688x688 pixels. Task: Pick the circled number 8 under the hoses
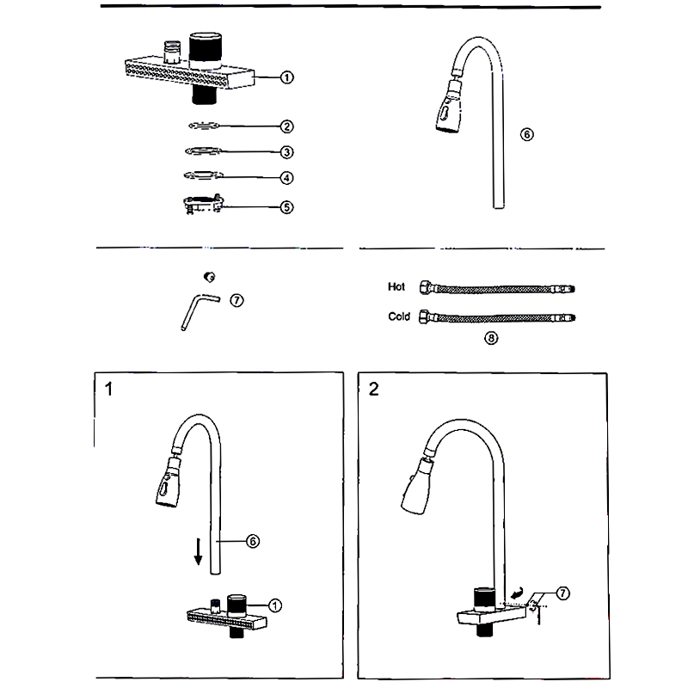491,338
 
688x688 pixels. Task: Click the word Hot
396,287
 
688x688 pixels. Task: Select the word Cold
399,316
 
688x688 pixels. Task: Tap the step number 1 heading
108,388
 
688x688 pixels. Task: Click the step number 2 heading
373,388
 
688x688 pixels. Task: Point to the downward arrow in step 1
198,550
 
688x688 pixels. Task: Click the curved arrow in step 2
516,593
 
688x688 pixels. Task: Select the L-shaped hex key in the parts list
197,309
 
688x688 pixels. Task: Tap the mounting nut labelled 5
204,205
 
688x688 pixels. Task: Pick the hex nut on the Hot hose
424,287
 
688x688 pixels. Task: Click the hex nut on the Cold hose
424,316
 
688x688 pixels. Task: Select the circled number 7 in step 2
562,593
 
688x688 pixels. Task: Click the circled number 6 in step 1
253,541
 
